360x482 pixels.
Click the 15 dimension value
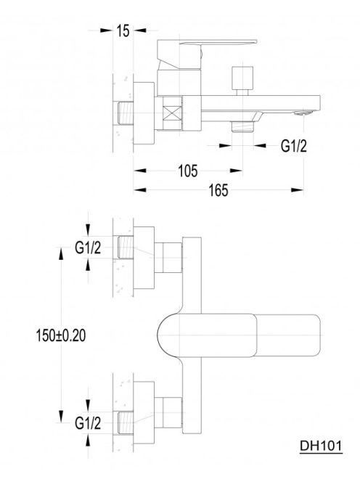[x=123, y=30]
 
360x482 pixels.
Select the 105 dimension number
[x=187, y=171]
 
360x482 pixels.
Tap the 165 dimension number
[x=218, y=190]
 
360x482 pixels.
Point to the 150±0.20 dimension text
[x=61, y=335]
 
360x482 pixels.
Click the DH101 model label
[x=321, y=446]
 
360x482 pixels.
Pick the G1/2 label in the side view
[x=294, y=146]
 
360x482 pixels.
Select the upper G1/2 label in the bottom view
[x=88, y=248]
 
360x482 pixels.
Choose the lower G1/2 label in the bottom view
[x=88, y=424]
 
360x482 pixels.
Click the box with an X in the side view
[x=173, y=113]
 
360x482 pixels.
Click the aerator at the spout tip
[x=303, y=113]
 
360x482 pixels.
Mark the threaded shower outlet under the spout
[x=242, y=126]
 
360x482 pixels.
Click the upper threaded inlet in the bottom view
[x=126, y=248]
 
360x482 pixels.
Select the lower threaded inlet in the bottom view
[x=126, y=423]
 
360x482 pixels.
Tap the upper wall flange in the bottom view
[x=144, y=258]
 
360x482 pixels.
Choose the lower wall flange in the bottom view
[x=144, y=413]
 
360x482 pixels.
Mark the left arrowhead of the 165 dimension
[x=140, y=190]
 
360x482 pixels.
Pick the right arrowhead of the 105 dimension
[x=236, y=171]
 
